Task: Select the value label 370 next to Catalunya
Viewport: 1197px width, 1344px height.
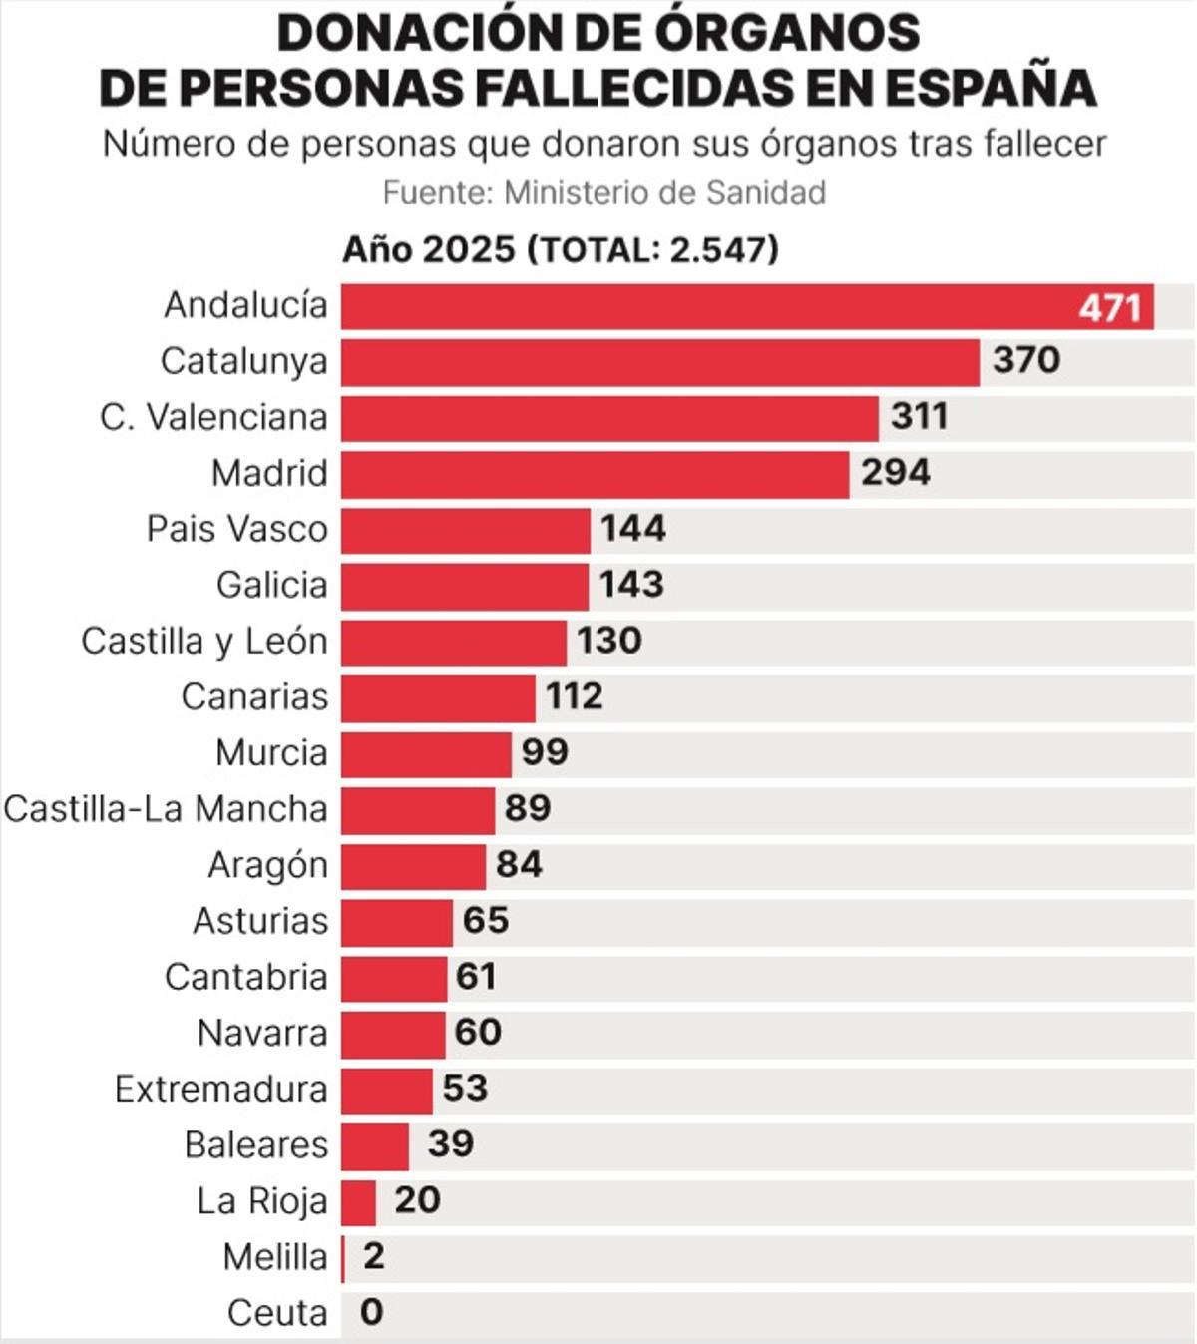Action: (1025, 360)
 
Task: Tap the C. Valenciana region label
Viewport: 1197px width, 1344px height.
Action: (213, 417)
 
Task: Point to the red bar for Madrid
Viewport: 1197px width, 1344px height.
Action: (595, 474)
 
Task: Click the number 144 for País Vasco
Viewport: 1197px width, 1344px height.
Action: (632, 528)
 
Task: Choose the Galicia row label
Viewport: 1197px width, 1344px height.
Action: (271, 585)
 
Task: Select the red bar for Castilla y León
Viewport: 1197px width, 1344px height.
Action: (454, 642)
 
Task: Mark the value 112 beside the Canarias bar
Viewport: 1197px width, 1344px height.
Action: (574, 696)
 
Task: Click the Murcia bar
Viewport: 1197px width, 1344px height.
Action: (426, 753)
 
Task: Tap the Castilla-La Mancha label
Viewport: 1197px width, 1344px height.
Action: (166, 809)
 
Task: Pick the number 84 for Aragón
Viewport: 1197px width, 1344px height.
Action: (519, 864)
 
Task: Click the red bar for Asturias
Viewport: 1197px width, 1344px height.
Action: (397, 922)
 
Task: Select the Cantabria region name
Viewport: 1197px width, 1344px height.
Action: (245, 977)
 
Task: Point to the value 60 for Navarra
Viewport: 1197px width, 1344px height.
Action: (478, 1032)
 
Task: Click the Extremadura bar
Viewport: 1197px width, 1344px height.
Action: (387, 1090)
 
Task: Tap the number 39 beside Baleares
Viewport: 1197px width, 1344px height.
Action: (450, 1144)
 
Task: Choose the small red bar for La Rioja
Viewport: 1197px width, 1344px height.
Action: (359, 1202)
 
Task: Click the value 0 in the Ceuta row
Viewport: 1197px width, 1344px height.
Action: (371, 1312)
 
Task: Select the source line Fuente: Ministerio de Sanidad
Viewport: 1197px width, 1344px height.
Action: (603, 192)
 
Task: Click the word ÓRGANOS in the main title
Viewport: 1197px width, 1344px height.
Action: (787, 33)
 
